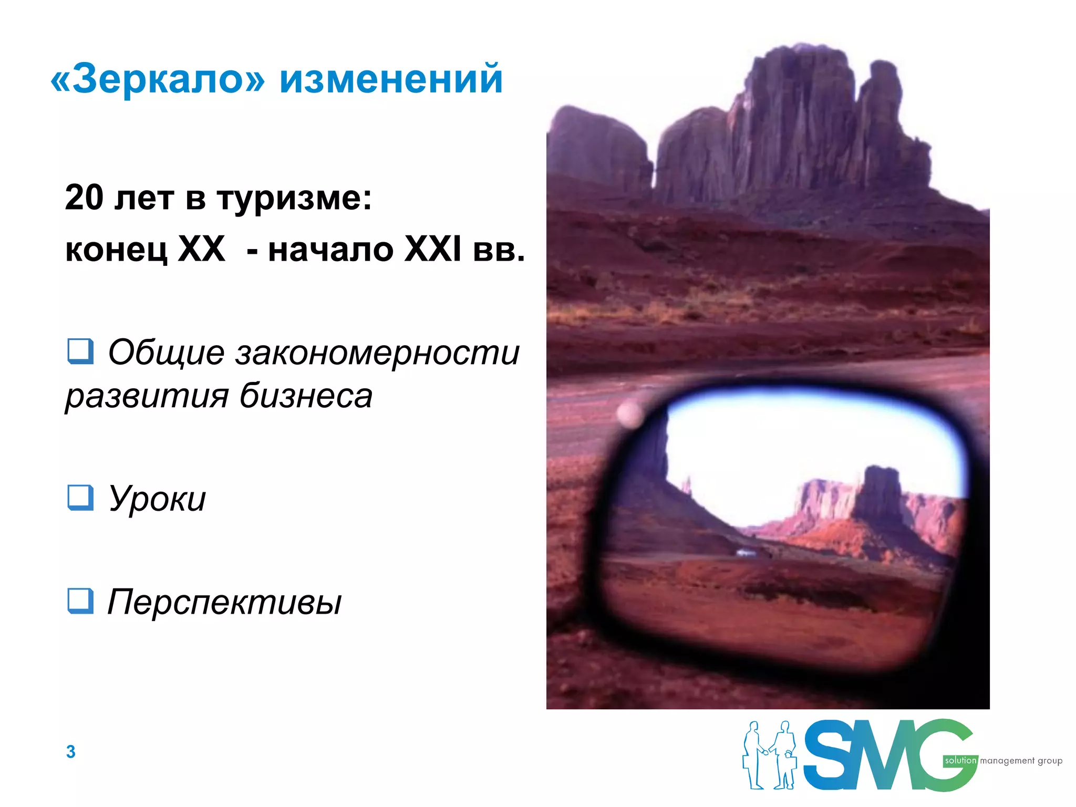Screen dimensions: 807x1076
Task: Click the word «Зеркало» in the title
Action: pos(158,79)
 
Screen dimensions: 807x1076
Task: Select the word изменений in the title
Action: pos(391,79)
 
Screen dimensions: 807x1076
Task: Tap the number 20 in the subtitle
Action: pos(84,198)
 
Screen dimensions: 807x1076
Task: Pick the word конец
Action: pos(116,250)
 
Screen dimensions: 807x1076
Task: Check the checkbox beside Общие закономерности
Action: pos(80,351)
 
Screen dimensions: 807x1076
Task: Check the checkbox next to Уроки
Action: pos(80,497)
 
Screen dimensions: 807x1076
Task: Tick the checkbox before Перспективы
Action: pos(80,601)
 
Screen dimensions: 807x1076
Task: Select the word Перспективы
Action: pos(224,602)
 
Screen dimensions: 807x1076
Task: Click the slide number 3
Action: pos(71,751)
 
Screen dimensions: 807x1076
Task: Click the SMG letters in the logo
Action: pos(888,755)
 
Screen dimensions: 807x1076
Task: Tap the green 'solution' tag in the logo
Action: pos(960,760)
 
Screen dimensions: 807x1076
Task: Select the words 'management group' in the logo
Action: pos(1021,761)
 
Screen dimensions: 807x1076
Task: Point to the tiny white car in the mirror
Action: pos(745,552)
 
